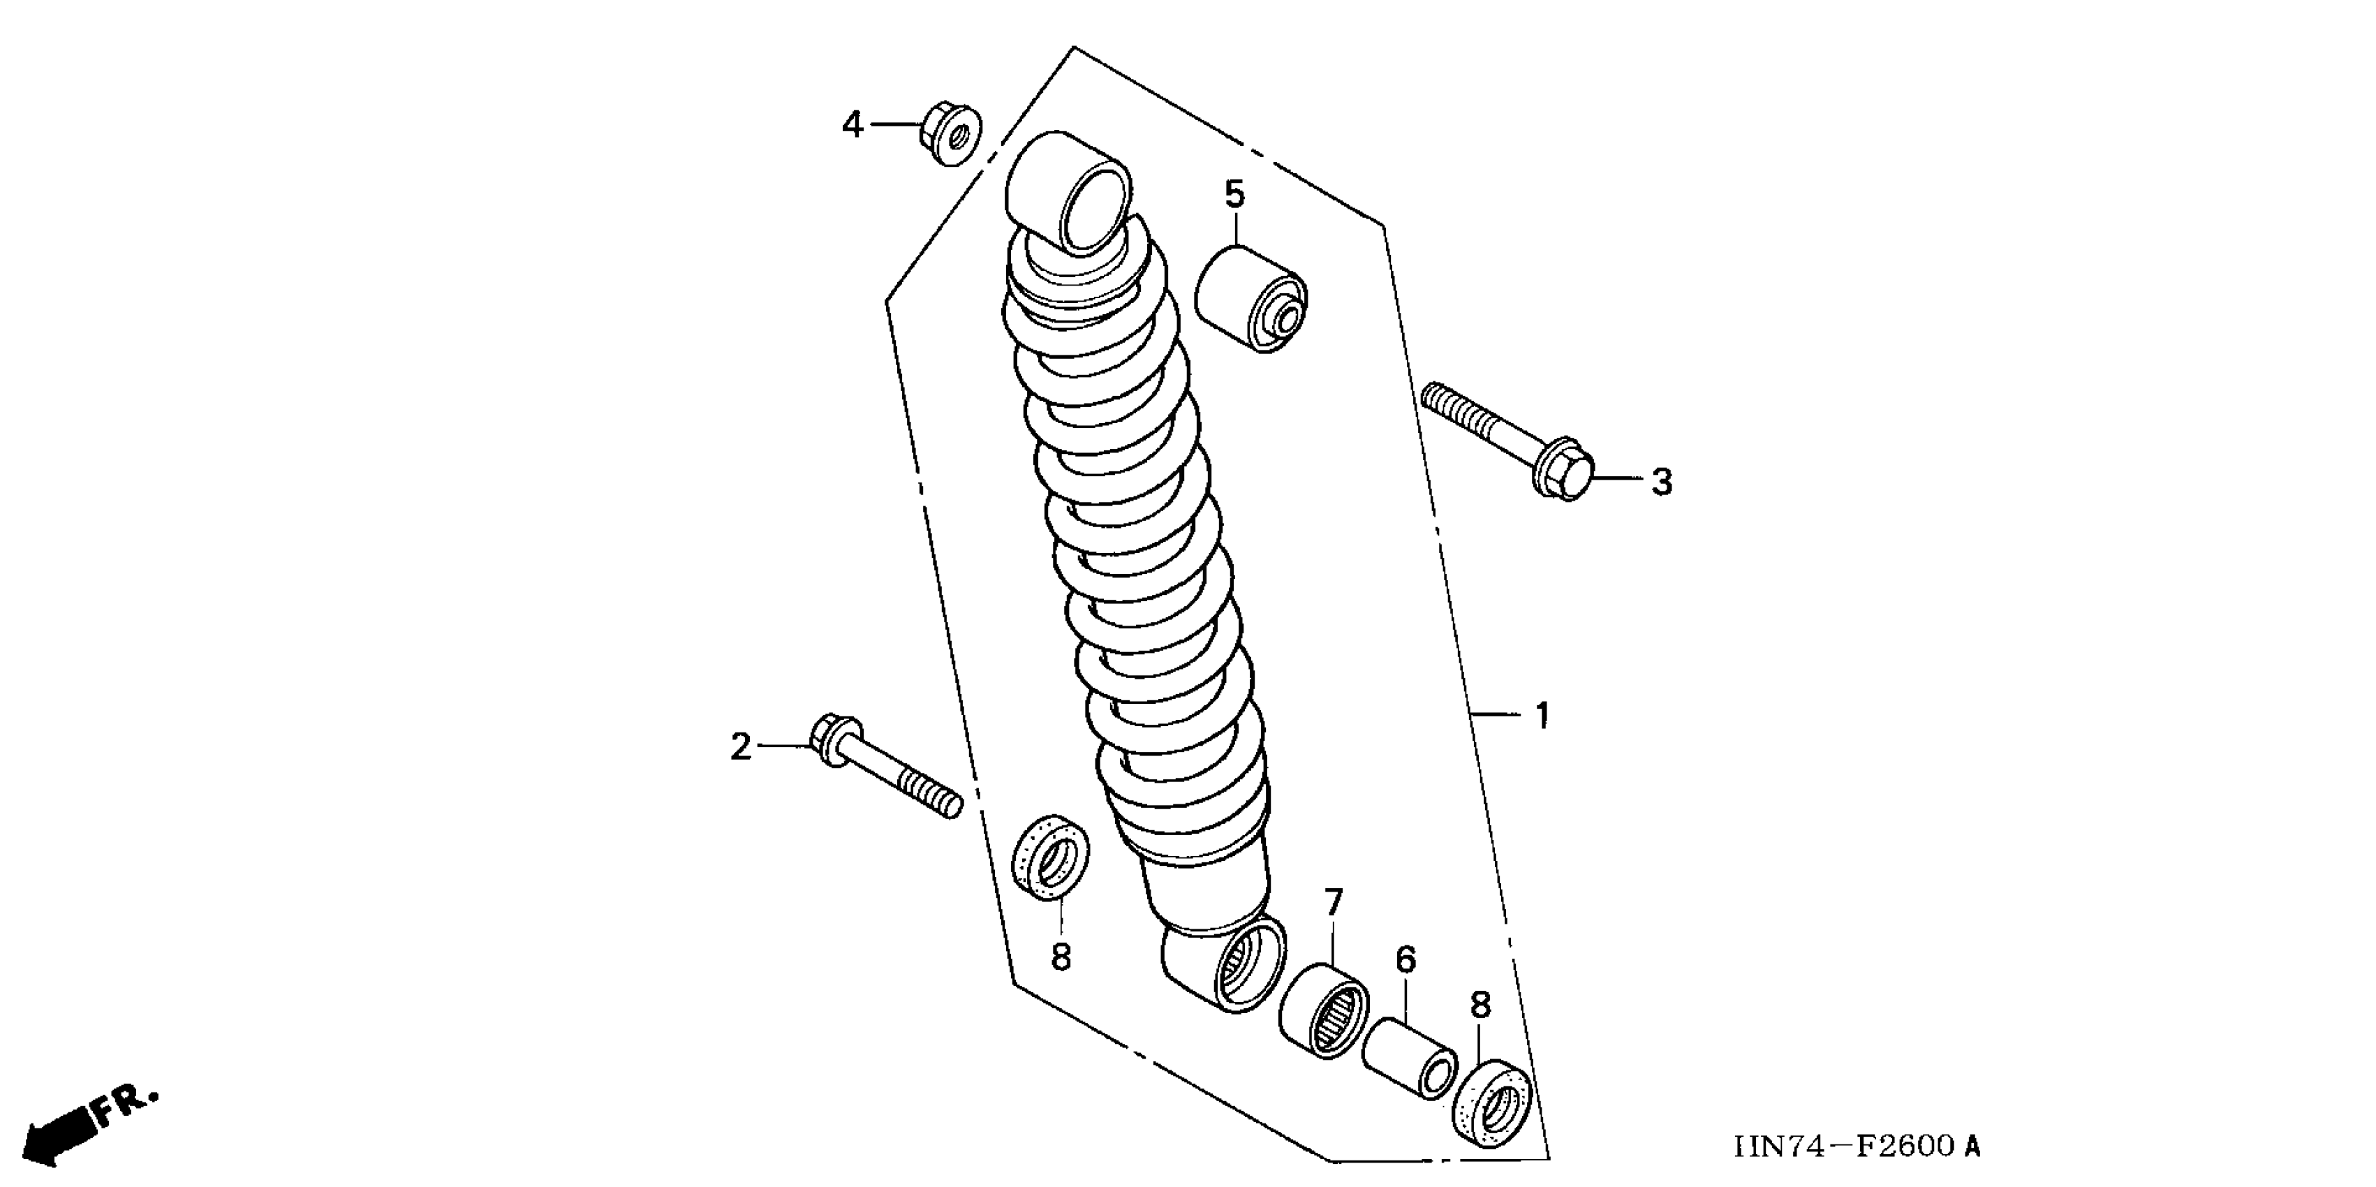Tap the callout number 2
[741, 747]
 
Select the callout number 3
[1661, 482]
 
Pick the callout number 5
[1234, 195]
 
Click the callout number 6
[1405, 960]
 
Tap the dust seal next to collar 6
[1492, 1106]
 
